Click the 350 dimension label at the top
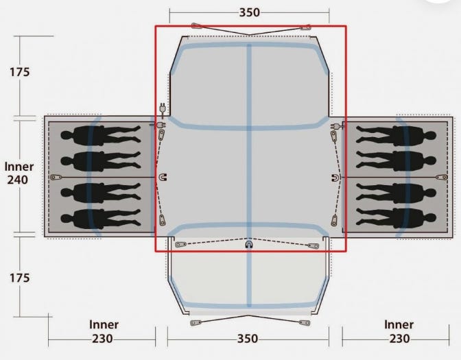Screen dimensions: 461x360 click(x=249, y=12)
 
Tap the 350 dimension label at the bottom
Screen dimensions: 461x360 click(x=248, y=339)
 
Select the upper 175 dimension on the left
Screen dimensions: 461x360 click(x=20, y=72)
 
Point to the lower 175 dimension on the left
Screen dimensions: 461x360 click(x=20, y=278)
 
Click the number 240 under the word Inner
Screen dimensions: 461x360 click(x=18, y=180)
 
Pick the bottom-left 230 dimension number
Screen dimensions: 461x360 click(x=102, y=339)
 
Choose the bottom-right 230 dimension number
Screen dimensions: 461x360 click(x=399, y=339)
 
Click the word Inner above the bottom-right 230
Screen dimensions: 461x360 click(x=399, y=325)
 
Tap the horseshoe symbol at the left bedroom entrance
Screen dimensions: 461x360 click(x=163, y=177)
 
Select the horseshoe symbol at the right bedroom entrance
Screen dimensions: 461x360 click(x=335, y=178)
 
